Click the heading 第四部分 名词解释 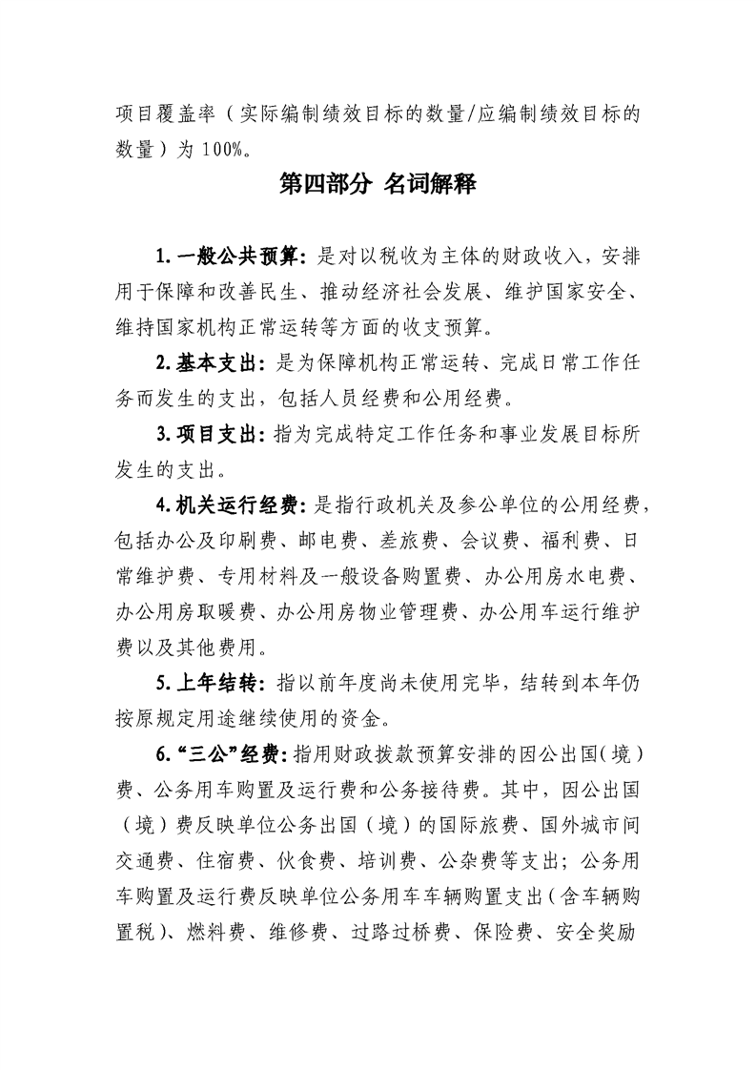(x=378, y=184)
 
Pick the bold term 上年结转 (x=219, y=682)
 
